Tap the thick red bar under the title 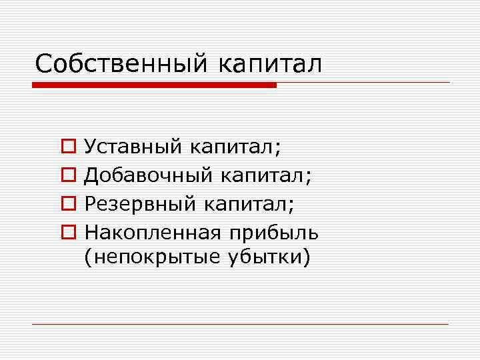pyautogui.click(x=154, y=85)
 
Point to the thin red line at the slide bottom pyautogui.click(x=240, y=324)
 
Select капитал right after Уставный pyautogui.click(x=231, y=146)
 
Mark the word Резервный pyautogui.click(x=140, y=203)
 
